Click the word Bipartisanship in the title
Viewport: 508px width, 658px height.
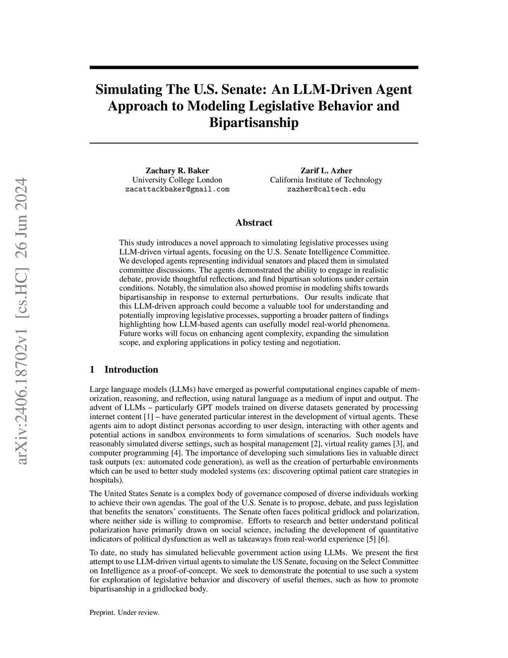pos(254,123)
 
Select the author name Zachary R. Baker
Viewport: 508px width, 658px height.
pos(177,171)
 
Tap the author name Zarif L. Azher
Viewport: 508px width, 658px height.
pos(326,171)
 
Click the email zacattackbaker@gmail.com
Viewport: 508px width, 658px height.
pos(177,189)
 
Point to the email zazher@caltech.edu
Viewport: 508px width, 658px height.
pos(326,189)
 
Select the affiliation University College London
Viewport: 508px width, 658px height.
pos(177,180)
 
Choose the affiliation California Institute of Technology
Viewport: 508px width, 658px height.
pos(326,180)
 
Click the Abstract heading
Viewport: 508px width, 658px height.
pos(254,222)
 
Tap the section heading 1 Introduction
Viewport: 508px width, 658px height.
pos(124,369)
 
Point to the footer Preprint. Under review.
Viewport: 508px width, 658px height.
pos(124,612)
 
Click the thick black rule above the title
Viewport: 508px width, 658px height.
pos(254,67)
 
